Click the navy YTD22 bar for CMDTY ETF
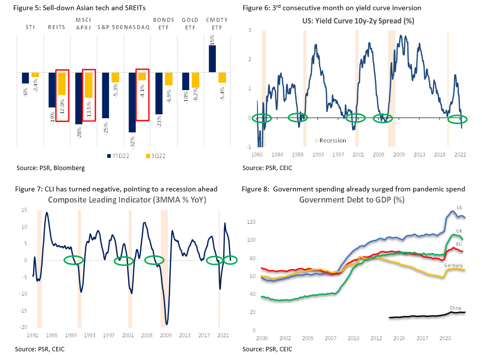coord(212,59)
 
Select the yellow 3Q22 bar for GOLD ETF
coord(195,80)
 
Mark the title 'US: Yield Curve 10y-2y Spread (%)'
coord(358,20)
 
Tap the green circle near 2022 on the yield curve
coord(457,119)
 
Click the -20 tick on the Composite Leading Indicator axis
coord(22,327)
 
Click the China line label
coord(456,308)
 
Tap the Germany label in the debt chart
coord(453,266)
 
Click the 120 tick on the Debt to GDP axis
coord(251,222)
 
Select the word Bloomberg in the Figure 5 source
coord(72,168)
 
